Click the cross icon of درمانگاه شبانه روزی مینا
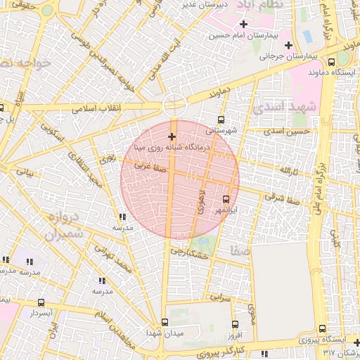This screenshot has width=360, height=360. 172,136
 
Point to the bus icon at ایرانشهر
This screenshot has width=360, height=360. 226,199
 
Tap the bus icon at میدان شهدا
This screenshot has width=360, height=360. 165,322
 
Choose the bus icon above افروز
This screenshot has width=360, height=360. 235,324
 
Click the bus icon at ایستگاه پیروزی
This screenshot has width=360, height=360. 322,328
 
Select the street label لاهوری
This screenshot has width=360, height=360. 202,200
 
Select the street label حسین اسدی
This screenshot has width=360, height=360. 292,131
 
